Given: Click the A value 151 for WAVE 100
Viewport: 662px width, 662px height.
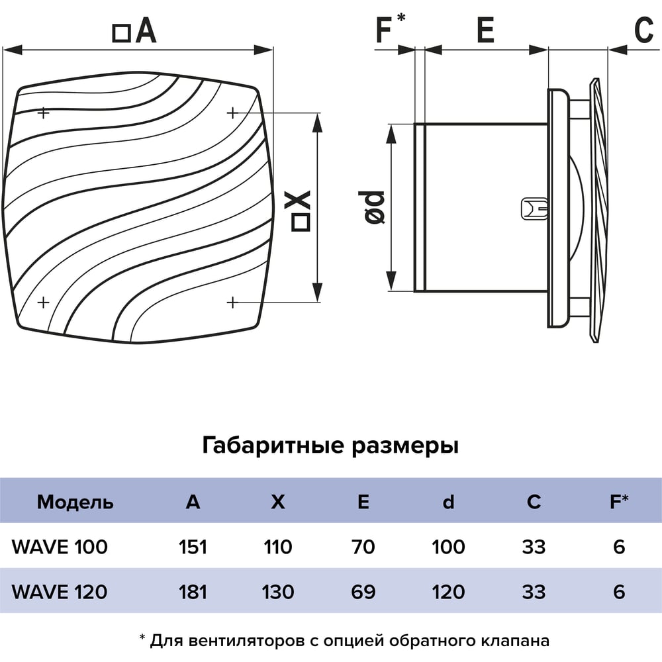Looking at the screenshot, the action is pos(193,547).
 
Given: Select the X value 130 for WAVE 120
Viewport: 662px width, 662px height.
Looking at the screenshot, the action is pos(278,591).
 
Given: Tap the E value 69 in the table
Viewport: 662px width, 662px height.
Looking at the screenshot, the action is pos(363,591).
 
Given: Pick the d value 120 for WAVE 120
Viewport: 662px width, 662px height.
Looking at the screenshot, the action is pos(448,591).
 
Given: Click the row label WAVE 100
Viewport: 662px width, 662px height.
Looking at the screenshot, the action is pos(60,547).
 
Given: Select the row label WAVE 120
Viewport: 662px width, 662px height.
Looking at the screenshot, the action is pos(60,591).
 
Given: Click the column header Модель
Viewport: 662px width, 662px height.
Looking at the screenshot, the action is pos(75,502).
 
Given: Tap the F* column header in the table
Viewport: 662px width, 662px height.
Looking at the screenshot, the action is pos(619,501).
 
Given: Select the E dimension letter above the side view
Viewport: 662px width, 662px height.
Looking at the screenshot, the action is pos(485,30).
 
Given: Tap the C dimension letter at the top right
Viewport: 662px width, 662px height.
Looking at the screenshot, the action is pos(644,30).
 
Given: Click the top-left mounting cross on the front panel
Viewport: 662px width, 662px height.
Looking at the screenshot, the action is pos(43,113).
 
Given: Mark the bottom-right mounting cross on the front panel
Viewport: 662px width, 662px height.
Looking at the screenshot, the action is pos(232,303).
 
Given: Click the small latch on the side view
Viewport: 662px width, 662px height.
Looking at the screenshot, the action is pos(535,209).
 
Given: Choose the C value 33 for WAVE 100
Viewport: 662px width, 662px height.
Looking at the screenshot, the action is pos(534,547).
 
